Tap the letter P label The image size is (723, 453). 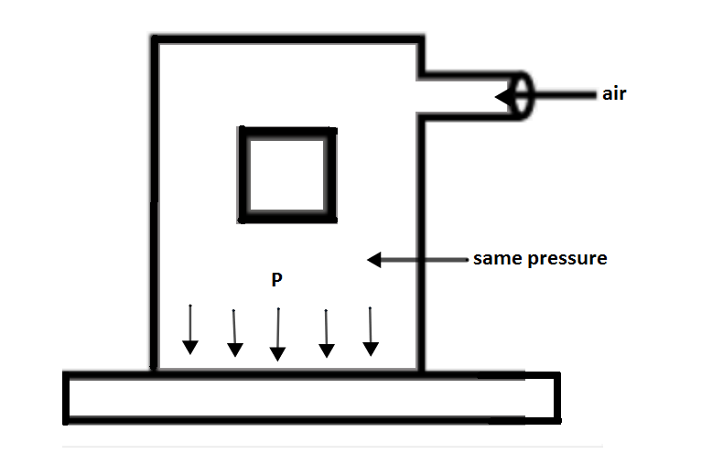coord(276,280)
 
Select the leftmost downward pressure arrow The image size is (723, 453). coord(189,329)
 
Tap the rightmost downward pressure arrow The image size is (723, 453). coord(370,330)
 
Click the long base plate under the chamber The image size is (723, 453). coord(311,398)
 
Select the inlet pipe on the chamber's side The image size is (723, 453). coord(467,95)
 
